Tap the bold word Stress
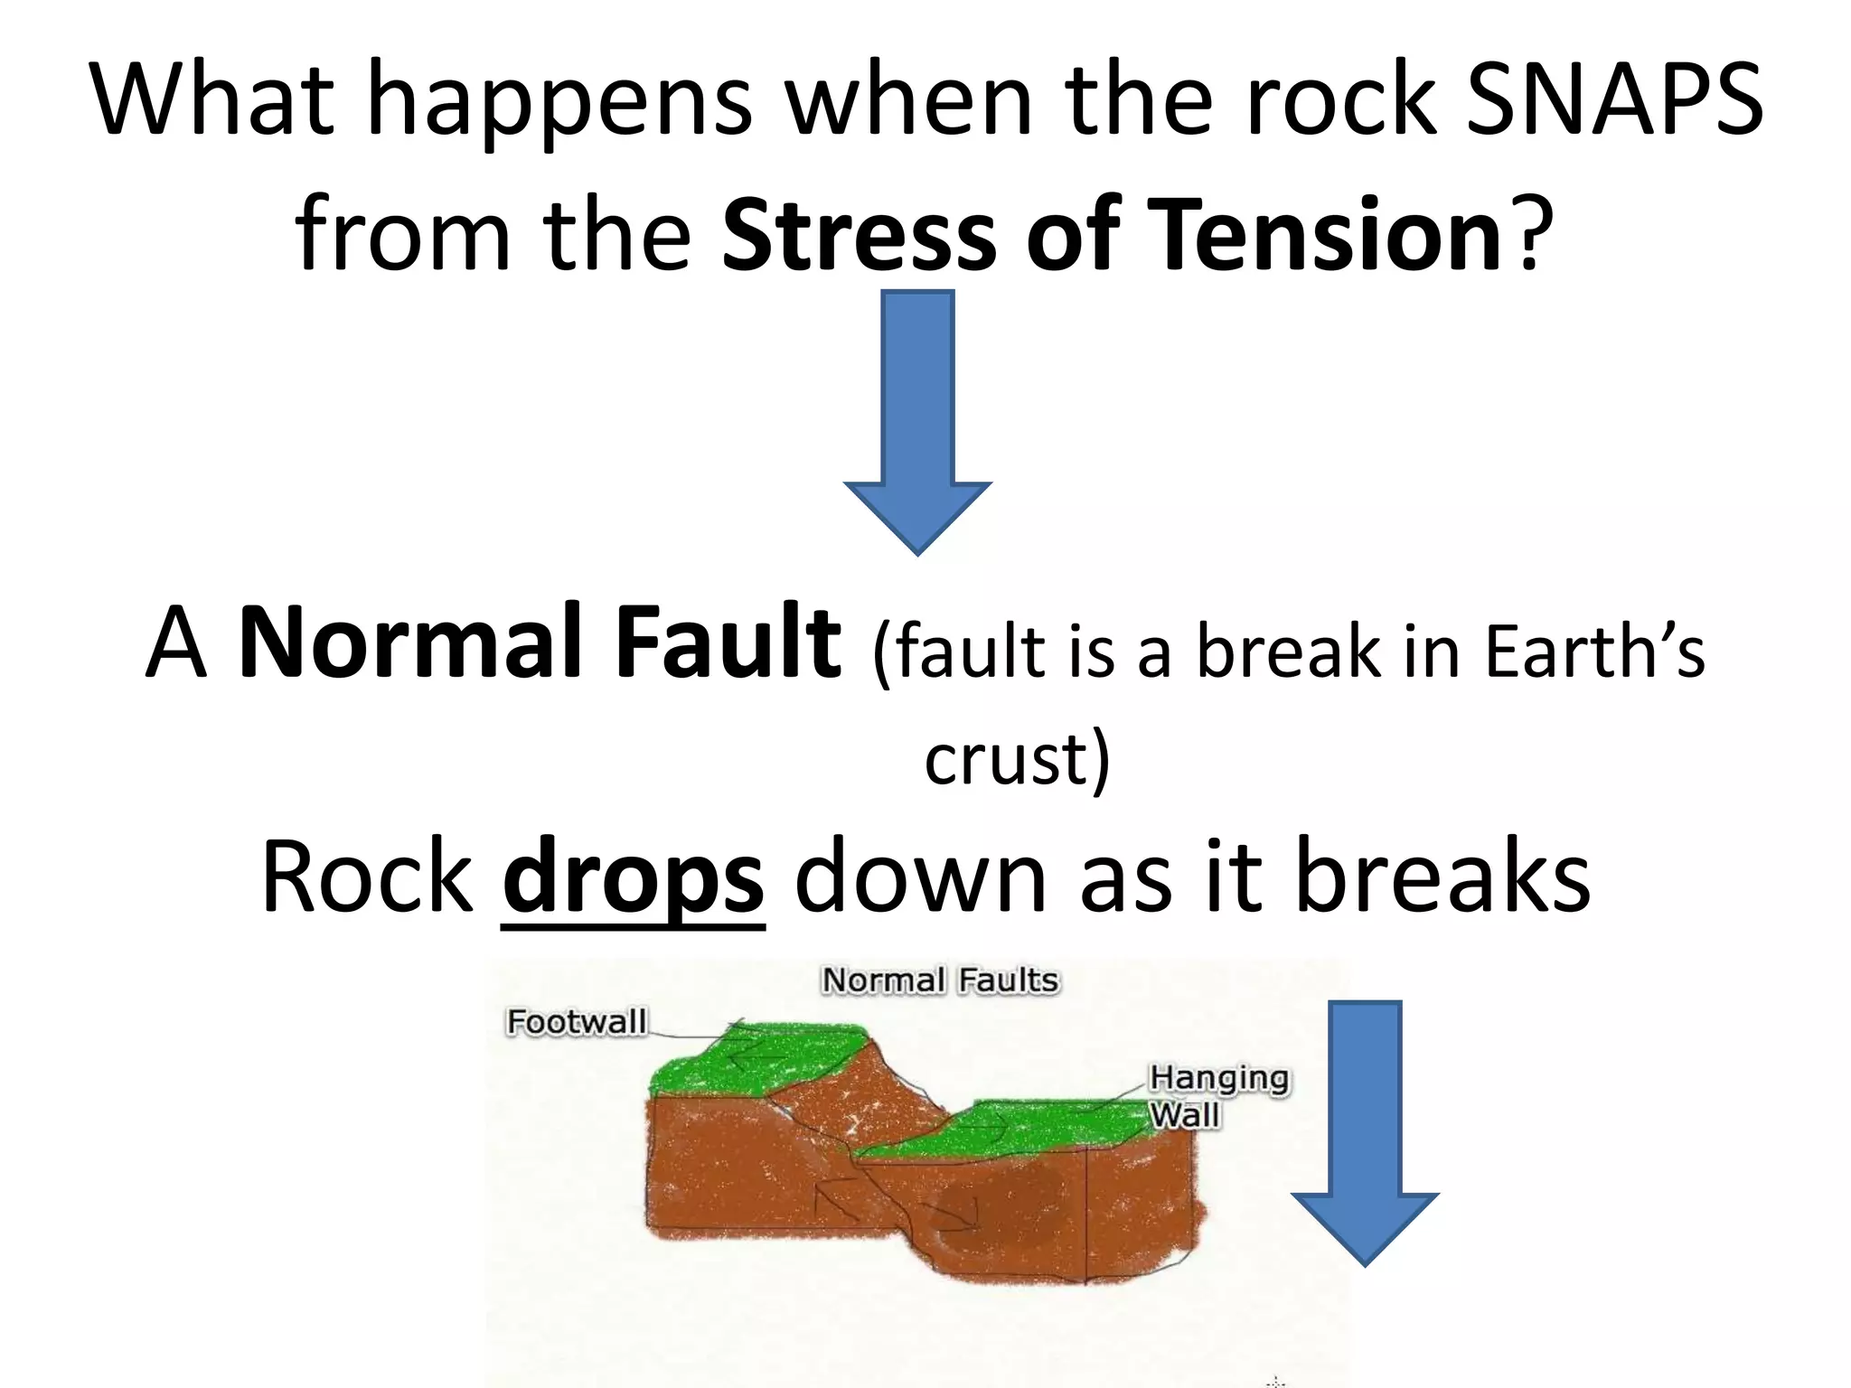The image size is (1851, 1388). [860, 235]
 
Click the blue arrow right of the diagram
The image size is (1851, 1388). [1365, 1130]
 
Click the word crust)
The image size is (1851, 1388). [1016, 759]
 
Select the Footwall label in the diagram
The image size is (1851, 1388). [577, 1022]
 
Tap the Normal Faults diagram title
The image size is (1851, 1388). [939, 980]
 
